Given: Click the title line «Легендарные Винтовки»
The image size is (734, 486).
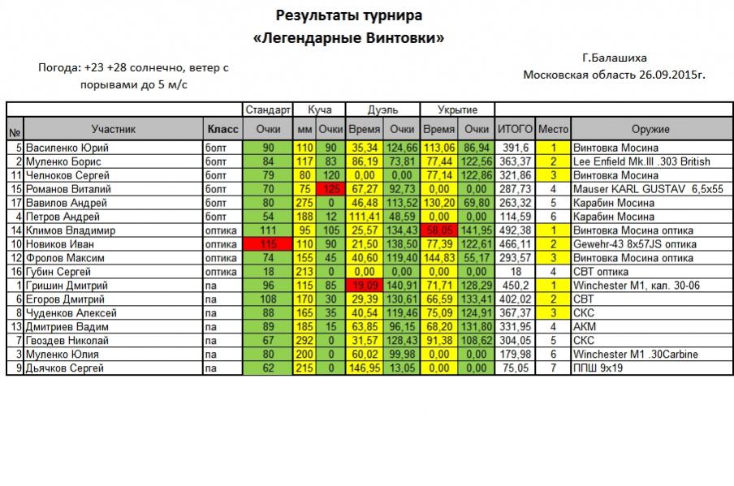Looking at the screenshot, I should (349, 38).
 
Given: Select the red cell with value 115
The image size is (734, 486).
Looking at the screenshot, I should (267, 244).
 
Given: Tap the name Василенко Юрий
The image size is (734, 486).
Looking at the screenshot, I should (67, 148).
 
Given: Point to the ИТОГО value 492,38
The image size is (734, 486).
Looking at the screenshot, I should (514, 230).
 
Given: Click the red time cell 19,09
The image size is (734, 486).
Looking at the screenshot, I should (363, 286).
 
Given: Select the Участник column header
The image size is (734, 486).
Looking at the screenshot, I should (113, 129).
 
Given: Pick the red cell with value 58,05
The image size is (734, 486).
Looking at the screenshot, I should (439, 230).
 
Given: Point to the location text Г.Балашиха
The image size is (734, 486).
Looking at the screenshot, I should (615, 58).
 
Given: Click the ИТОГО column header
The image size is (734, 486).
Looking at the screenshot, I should (514, 129).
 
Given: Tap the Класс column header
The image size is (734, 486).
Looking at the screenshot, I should (222, 129).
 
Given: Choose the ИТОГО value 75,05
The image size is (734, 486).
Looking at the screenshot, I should (514, 368).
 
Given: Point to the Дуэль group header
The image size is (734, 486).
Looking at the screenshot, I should (382, 110).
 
